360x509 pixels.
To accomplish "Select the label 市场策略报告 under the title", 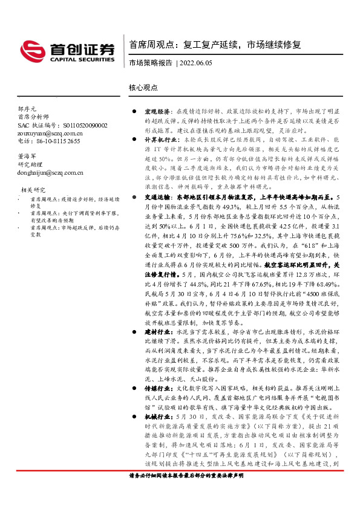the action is point(150,63).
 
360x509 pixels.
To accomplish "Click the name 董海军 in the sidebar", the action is point(28,155).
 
